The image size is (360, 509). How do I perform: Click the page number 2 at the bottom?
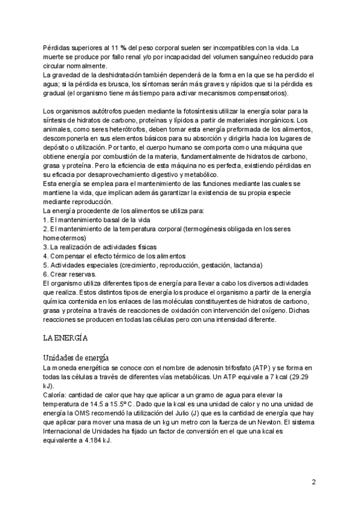click(x=313, y=482)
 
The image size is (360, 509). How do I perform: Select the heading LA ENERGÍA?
click(x=65, y=337)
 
